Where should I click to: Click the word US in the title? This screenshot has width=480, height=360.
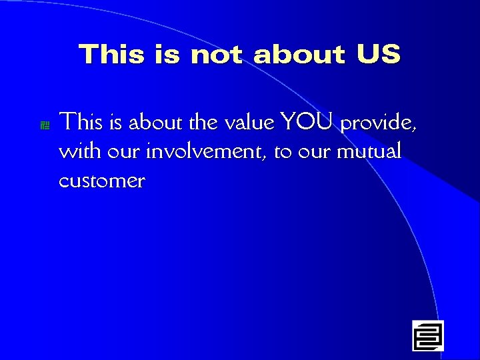point(378,54)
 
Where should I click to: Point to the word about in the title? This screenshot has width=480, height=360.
point(299,54)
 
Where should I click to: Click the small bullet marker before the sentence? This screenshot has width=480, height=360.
point(45,125)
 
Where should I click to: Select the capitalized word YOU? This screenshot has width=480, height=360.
point(307,122)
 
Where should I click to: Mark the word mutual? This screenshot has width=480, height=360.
point(369,151)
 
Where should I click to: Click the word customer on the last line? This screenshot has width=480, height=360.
point(102,181)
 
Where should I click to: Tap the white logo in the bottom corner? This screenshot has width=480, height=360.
point(427,335)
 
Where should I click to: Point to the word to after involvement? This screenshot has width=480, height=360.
point(283,153)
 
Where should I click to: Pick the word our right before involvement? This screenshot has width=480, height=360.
point(125,153)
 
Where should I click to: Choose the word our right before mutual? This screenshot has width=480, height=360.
point(314,153)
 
